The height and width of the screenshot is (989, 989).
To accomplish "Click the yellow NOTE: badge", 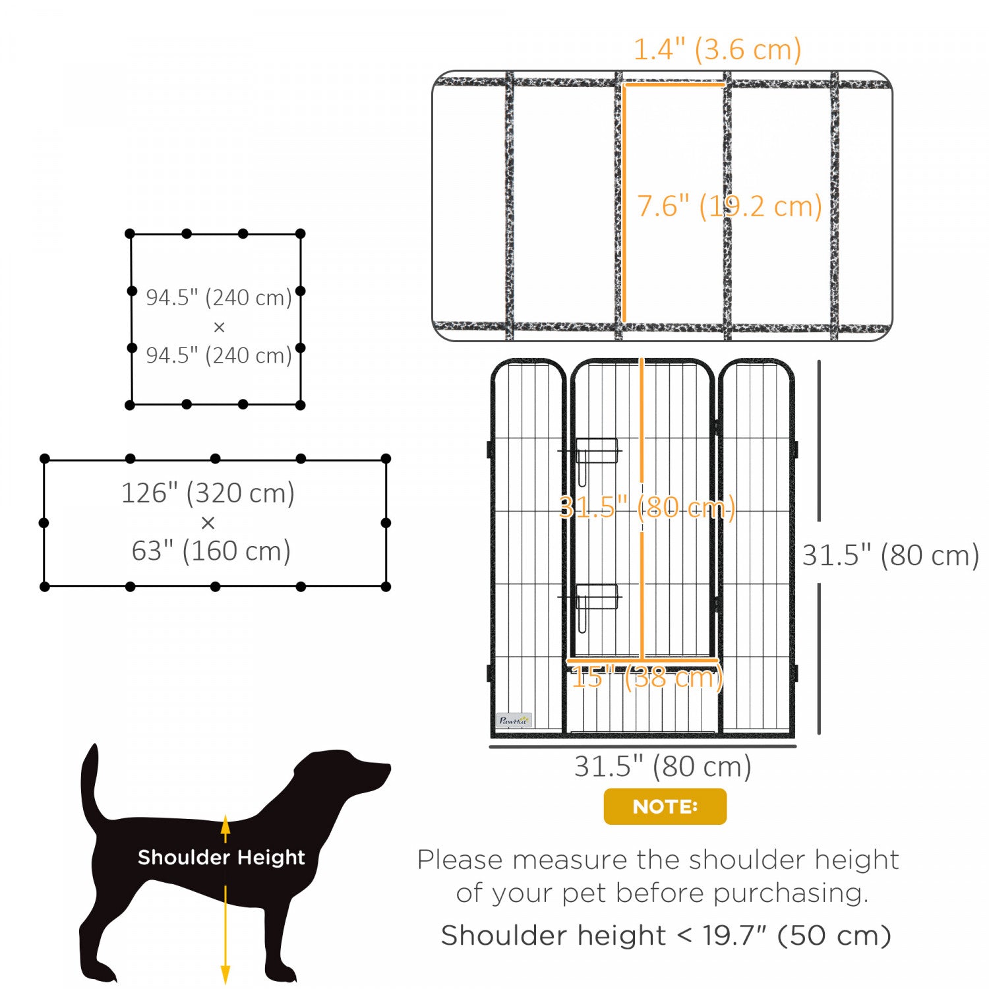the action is point(665,806).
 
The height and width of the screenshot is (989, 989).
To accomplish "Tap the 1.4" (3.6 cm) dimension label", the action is point(717,49).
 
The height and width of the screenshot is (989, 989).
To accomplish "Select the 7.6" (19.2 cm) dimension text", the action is point(729,206).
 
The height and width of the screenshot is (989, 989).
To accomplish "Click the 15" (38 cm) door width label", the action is point(647,677).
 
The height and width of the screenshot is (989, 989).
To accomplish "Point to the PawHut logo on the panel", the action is point(514,721).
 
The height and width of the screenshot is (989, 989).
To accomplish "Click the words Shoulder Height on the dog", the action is point(222,857).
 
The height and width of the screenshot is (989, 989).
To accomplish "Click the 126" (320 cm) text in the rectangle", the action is point(208,493).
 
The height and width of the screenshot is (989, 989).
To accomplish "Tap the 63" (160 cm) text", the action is point(211,551).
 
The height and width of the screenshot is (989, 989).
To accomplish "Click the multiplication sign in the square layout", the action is point(219,327).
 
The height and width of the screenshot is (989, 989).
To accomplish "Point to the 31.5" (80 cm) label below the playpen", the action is point(663,767).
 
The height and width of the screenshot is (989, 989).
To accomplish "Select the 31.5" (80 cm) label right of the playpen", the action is point(891,555).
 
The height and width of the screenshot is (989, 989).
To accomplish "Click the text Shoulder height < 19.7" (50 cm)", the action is point(666,936).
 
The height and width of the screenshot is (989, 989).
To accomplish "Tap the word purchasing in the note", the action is point(791,893).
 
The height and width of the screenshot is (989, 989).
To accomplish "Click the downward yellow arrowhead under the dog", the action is point(225,974).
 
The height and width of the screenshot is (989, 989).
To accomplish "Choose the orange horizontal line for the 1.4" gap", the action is point(674,84).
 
